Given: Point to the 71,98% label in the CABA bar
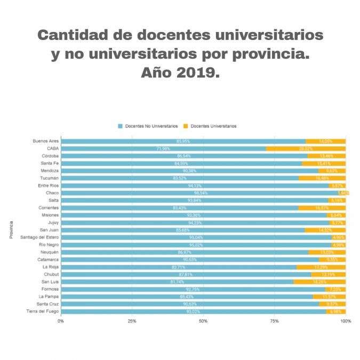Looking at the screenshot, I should point(163,149).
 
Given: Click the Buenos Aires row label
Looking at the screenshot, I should point(45,141).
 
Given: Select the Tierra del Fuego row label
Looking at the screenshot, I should point(42,311).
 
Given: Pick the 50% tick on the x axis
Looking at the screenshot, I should point(203,321).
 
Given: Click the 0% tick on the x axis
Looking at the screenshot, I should point(61,321).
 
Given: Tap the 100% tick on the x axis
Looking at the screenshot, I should point(346,321).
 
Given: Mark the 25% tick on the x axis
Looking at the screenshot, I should point(132,321).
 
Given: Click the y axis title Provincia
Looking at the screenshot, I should point(11,230).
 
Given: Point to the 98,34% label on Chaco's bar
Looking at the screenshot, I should point(201,193).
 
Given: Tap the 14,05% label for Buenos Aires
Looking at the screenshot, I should point(326,141).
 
